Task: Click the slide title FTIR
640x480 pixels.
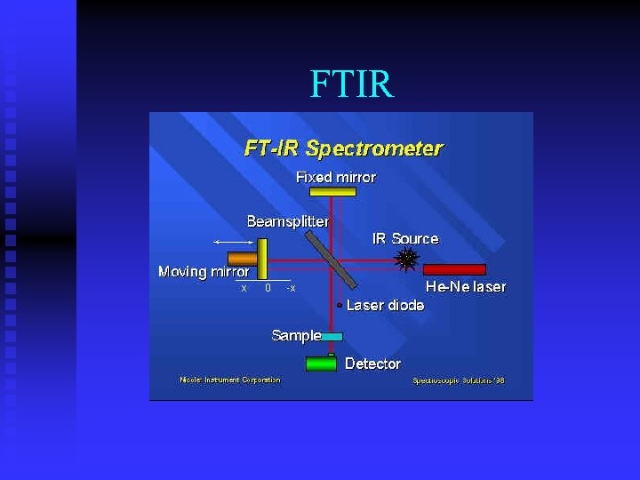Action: pos(351,84)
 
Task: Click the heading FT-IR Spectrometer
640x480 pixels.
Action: pos(343,148)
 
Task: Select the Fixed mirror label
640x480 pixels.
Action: pos(335,177)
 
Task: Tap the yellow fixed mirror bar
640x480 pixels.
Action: pos(332,191)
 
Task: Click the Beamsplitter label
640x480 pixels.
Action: pos(287,220)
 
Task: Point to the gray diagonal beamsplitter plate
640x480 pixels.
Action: pos(332,259)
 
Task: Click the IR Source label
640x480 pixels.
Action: pos(404,238)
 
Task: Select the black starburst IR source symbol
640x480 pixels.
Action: pos(406,260)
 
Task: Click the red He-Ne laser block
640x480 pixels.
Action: pos(454,268)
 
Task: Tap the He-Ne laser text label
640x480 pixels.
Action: pos(466,286)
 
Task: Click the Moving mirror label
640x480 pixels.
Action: pos(204,271)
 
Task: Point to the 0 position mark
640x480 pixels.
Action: pos(268,288)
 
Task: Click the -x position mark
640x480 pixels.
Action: pos(291,288)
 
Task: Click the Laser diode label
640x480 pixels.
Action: pos(385,305)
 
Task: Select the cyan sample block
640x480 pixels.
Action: pos(332,337)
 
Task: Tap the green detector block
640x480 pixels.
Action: pos(321,364)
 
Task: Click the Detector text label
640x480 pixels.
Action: pos(372,364)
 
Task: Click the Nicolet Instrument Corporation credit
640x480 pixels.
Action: pos(229,380)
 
